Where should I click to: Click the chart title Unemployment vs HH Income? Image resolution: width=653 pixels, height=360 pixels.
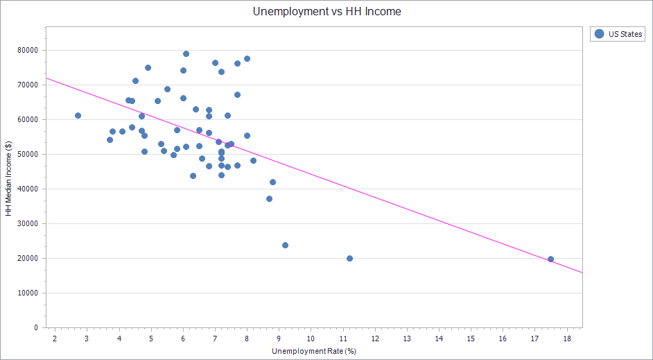pyautogui.click(x=326, y=11)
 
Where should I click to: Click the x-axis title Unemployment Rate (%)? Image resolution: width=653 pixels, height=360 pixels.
pyautogui.click(x=314, y=351)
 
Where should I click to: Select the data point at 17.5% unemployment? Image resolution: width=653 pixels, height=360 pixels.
pyautogui.click(x=550, y=259)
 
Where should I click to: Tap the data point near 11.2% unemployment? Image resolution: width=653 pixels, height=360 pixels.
pyautogui.click(x=349, y=258)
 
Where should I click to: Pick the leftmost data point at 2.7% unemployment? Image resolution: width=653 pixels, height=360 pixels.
pyautogui.click(x=78, y=115)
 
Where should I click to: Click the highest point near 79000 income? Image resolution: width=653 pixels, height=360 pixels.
pyautogui.click(x=186, y=53)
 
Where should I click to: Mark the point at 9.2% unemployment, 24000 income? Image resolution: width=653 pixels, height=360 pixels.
pyautogui.click(x=285, y=245)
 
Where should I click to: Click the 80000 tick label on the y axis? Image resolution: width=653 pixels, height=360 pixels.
pyautogui.click(x=28, y=51)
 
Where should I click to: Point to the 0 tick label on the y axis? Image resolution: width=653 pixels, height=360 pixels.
pyautogui.click(x=37, y=327)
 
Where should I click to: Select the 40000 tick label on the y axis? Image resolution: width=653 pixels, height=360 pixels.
pyautogui.click(x=28, y=189)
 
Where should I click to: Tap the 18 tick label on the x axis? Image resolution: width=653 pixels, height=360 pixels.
pyautogui.click(x=566, y=338)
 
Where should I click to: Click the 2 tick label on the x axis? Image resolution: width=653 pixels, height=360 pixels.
pyautogui.click(x=55, y=338)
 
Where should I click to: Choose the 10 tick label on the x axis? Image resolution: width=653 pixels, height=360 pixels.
pyautogui.click(x=311, y=338)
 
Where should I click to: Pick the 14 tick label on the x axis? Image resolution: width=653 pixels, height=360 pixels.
pyautogui.click(x=438, y=338)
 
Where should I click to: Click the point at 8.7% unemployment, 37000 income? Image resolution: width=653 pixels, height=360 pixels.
pyautogui.click(x=269, y=198)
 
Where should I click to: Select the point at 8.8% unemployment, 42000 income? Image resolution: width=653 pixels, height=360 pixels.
pyautogui.click(x=272, y=182)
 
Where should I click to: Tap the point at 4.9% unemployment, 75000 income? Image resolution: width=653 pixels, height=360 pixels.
pyautogui.click(x=148, y=67)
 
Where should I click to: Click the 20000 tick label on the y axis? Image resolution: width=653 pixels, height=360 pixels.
pyautogui.click(x=28, y=259)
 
